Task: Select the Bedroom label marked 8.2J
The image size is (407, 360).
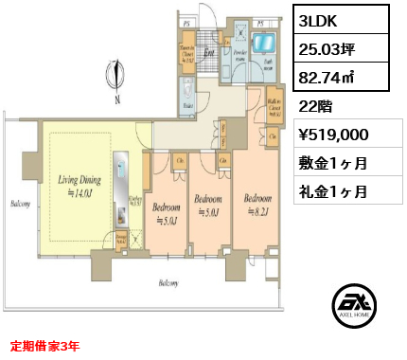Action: click(x=258, y=205)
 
